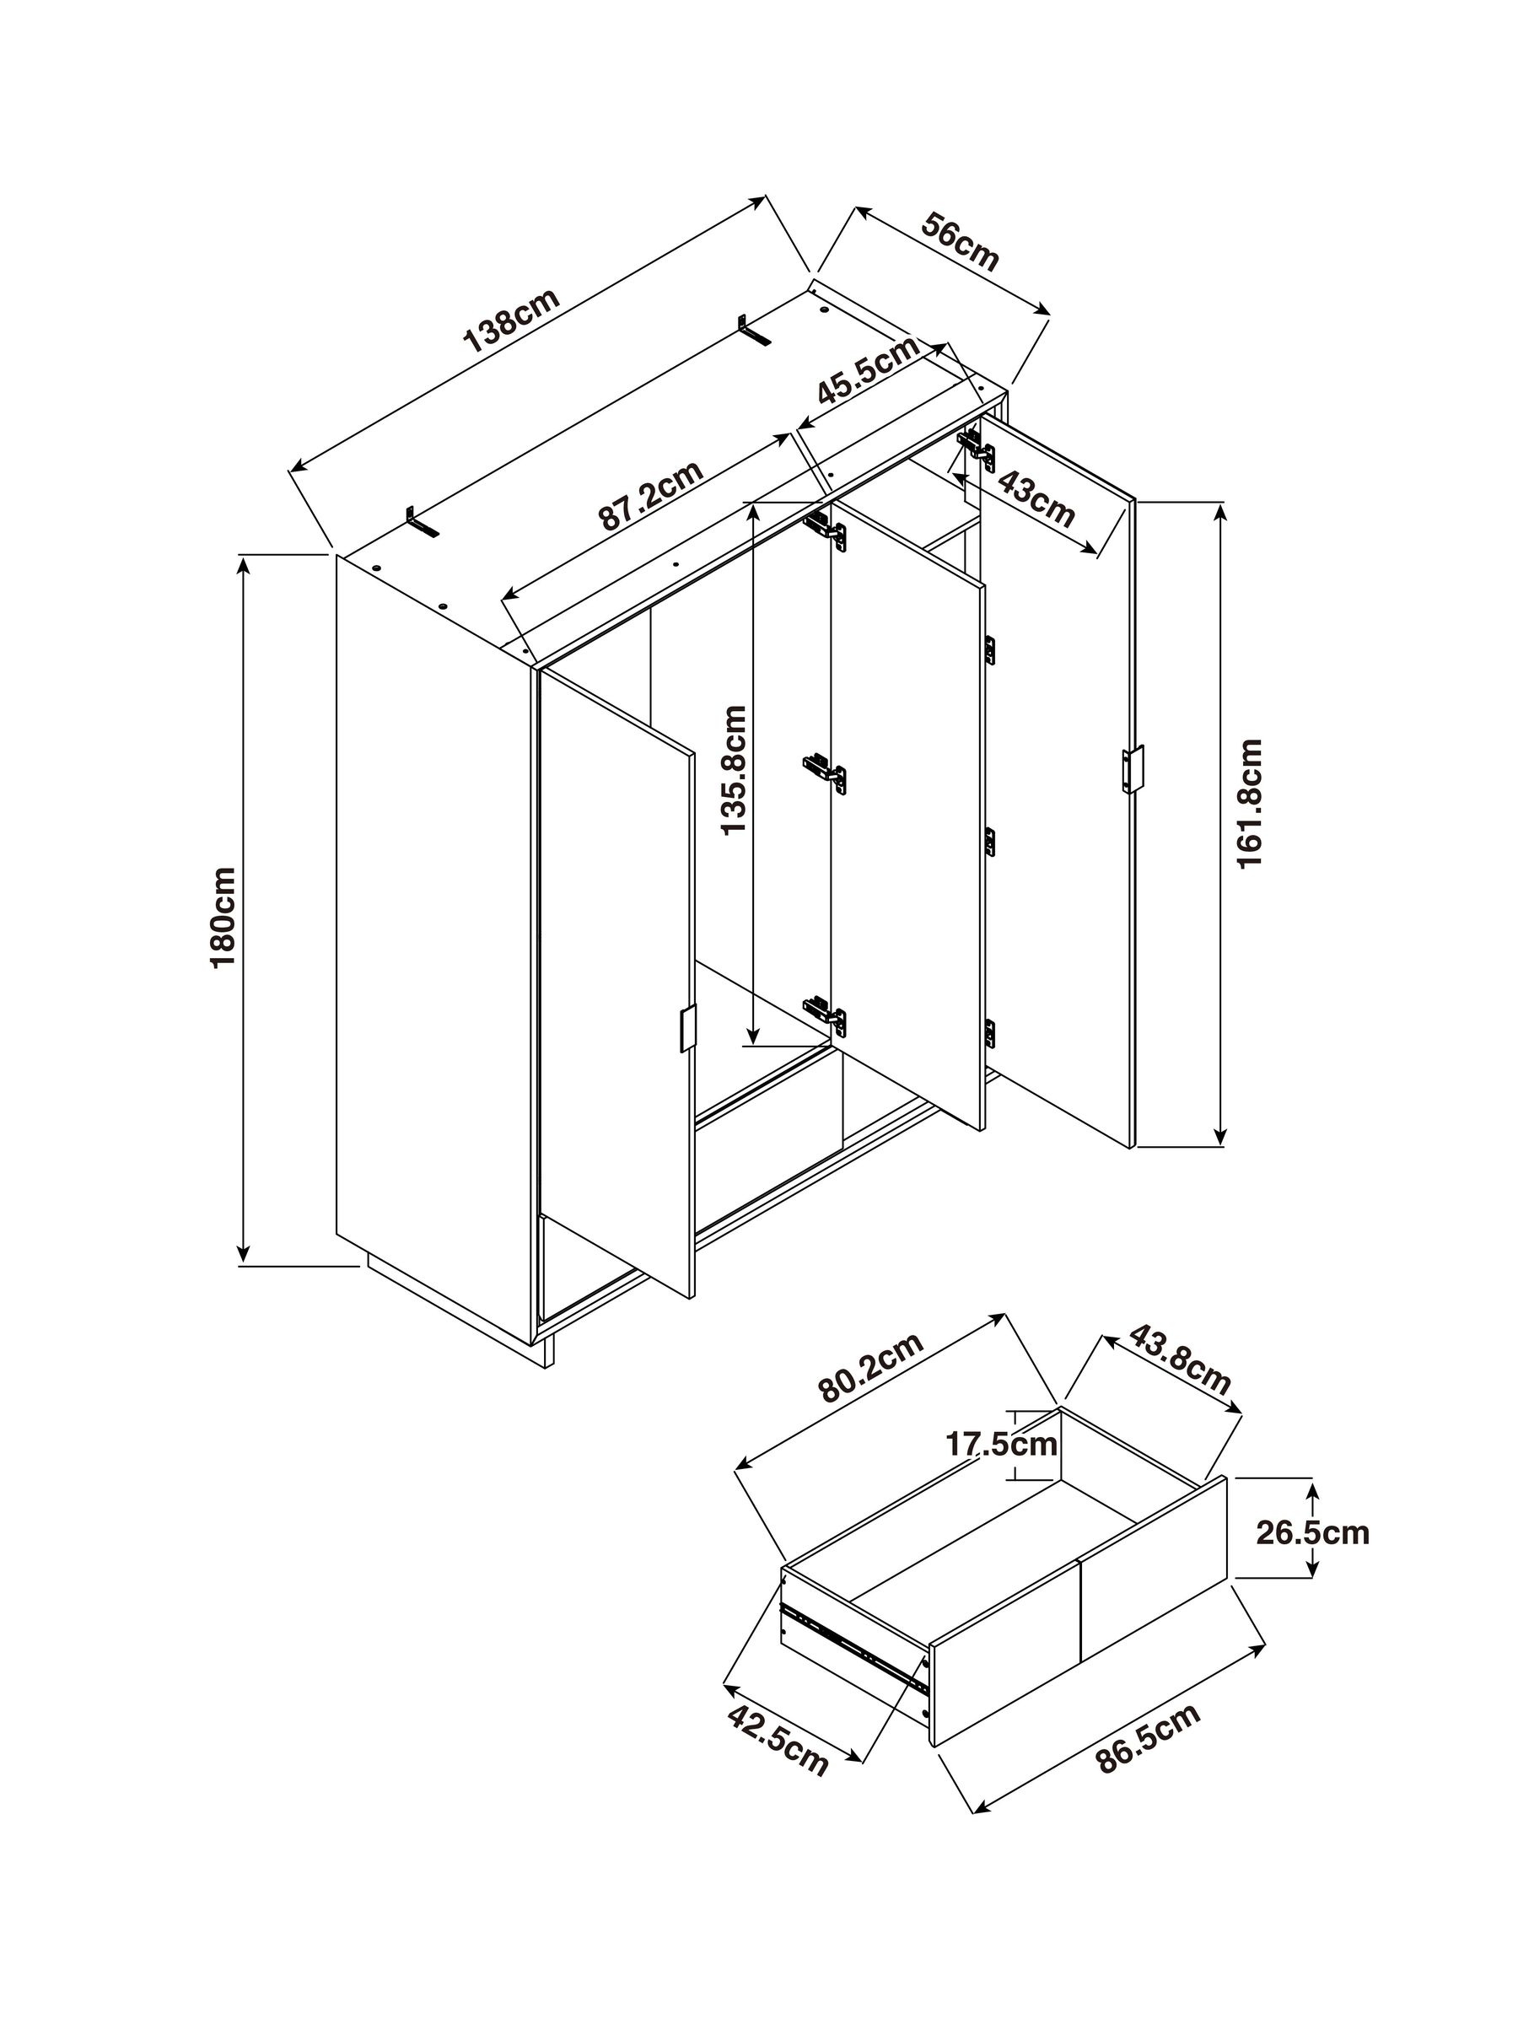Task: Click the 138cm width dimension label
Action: (512, 320)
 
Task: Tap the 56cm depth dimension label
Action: (959, 241)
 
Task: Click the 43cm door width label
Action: (1035, 498)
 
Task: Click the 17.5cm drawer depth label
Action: (1001, 1445)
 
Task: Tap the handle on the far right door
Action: (1133, 767)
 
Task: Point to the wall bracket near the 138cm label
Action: (754, 330)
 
